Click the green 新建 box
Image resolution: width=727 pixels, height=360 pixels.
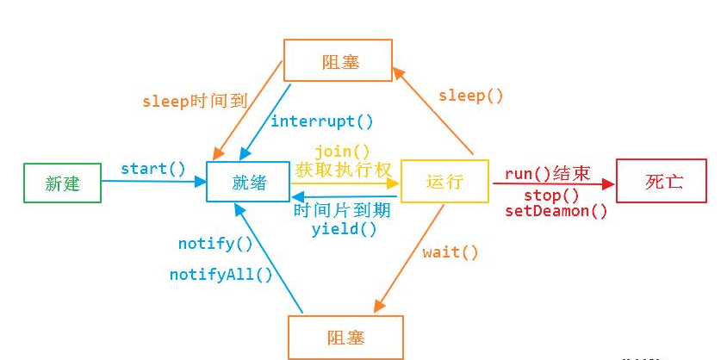(x=62, y=183)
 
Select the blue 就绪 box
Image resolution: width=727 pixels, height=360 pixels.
(x=247, y=182)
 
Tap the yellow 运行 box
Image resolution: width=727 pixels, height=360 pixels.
(x=444, y=182)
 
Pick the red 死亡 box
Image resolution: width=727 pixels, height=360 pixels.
(x=661, y=181)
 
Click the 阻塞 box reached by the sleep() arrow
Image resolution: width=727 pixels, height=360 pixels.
(x=338, y=60)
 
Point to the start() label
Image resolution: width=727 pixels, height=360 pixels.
(x=152, y=168)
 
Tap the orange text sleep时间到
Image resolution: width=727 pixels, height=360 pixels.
(x=195, y=101)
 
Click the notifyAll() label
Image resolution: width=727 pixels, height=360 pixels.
(x=221, y=275)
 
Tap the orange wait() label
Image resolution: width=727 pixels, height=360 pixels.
(x=450, y=252)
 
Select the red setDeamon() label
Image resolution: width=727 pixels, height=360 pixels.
(x=556, y=211)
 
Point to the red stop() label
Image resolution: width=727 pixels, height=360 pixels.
(x=551, y=196)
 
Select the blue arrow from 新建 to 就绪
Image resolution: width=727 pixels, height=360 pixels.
(x=155, y=181)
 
